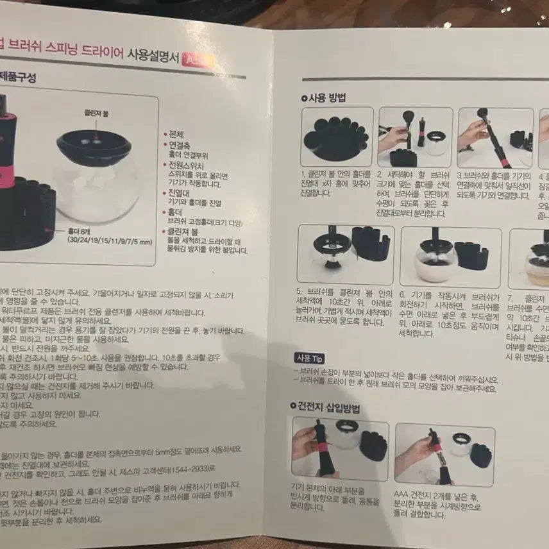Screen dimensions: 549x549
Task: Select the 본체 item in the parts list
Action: (176, 135)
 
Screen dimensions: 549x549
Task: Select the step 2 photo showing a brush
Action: (414, 137)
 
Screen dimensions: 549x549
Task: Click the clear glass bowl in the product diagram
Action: (97, 182)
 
